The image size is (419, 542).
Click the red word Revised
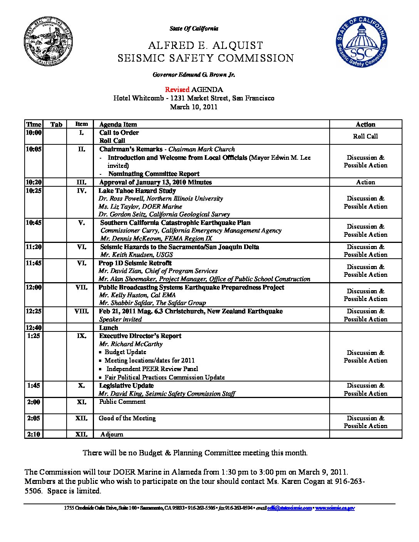tap(177, 90)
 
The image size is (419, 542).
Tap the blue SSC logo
tap(361, 42)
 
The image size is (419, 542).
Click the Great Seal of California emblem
tap(49, 42)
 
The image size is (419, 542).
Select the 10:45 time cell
tap(34, 222)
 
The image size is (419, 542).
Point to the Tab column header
tap(56, 124)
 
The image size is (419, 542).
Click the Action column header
tap(365, 124)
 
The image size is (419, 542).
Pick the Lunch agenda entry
tap(109, 328)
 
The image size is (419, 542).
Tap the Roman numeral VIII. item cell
tap(81, 311)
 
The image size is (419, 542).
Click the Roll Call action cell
tap(365, 136)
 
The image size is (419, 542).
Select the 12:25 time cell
tap(34, 311)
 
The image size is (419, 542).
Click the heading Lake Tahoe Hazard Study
tap(137, 191)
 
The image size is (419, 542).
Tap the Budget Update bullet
tap(126, 352)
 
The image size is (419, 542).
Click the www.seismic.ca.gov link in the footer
tap(335, 508)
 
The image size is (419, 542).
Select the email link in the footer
tap(290, 508)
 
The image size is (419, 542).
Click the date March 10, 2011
tap(194, 107)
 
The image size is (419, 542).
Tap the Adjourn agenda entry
tap(112, 434)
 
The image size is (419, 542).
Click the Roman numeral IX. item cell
tap(81, 336)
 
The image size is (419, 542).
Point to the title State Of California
tap(194, 28)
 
